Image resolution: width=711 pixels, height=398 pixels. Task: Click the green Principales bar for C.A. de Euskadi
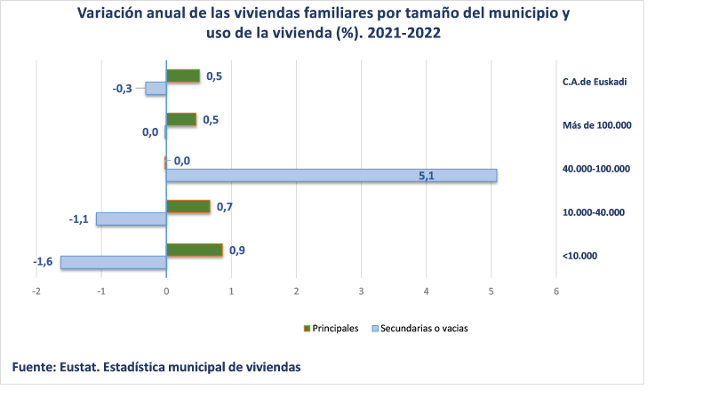pyautogui.click(x=183, y=76)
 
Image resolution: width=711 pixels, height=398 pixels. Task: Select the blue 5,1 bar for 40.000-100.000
pyautogui.click(x=332, y=176)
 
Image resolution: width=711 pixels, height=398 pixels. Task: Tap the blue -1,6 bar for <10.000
pyautogui.click(x=113, y=262)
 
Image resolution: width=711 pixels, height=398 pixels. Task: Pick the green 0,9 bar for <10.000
pyautogui.click(x=195, y=251)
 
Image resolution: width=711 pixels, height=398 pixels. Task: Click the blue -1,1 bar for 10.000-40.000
pyautogui.click(x=131, y=219)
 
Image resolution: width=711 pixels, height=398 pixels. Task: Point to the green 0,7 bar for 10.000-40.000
pyautogui.click(x=188, y=207)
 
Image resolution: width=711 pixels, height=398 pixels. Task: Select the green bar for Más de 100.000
pyautogui.click(x=181, y=120)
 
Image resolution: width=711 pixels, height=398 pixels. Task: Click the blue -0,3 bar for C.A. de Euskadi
pyautogui.click(x=156, y=89)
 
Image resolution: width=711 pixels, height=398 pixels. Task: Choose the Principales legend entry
pyautogui.click(x=332, y=328)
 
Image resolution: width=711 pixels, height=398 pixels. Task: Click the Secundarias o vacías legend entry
pyautogui.click(x=419, y=328)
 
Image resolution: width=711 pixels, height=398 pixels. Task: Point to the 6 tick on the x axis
pyautogui.click(x=556, y=291)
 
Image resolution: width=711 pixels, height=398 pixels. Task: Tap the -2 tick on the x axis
pyautogui.click(x=36, y=291)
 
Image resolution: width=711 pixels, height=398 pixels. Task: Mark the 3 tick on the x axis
pyautogui.click(x=361, y=291)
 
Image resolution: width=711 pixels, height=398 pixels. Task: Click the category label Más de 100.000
pyautogui.click(x=596, y=125)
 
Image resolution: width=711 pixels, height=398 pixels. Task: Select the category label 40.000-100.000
pyautogui.click(x=596, y=169)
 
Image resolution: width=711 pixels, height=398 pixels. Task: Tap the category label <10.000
pyautogui.click(x=579, y=256)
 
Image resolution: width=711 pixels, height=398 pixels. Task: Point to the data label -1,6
pyautogui.click(x=43, y=262)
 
